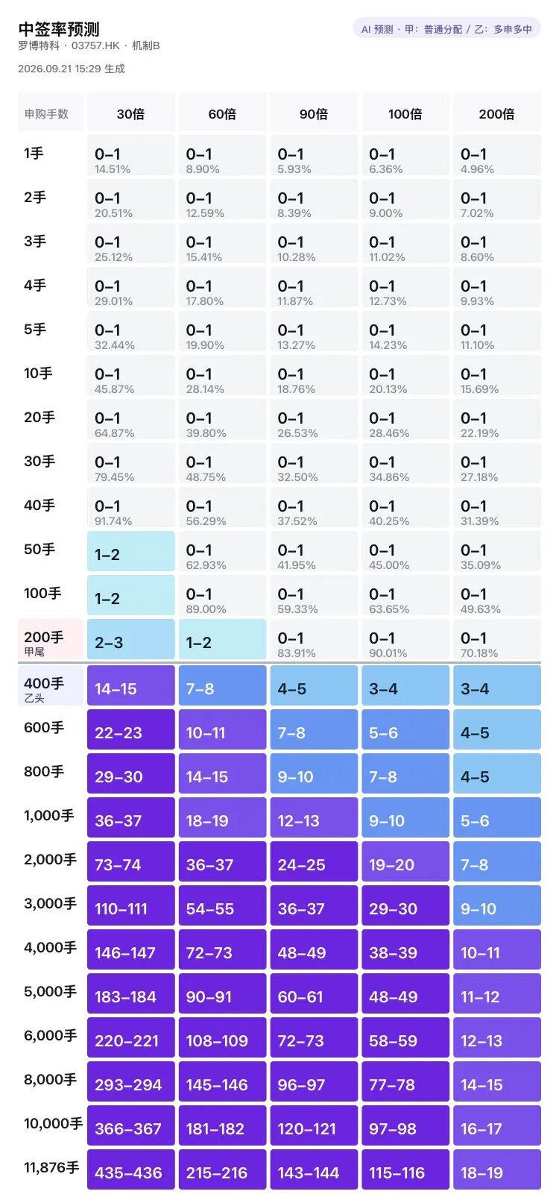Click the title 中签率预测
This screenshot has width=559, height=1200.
click(59, 29)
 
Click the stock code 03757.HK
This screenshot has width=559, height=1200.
click(95, 45)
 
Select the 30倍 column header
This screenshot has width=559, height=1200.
click(130, 113)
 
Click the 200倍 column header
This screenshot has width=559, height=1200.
click(497, 113)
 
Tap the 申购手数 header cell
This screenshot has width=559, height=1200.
click(51, 113)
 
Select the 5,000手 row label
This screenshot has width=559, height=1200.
click(51, 991)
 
